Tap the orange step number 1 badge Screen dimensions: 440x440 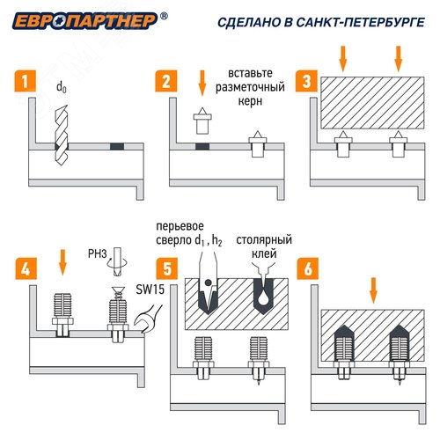[x=26, y=81]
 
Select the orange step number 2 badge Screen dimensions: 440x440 [x=166, y=81]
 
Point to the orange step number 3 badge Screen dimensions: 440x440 [x=306, y=81]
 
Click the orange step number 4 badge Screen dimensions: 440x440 [x=26, y=268]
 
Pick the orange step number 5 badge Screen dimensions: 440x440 [x=167, y=268]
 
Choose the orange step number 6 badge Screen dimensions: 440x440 [x=308, y=268]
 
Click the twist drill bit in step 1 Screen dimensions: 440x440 [x=62, y=135]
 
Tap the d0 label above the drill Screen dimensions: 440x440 [x=62, y=87]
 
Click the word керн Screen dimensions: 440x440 [x=250, y=101]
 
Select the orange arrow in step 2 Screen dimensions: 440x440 [x=202, y=83]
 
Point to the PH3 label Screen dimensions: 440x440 [x=98, y=254]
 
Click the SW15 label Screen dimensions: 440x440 [x=150, y=290]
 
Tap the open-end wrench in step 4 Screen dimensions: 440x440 [x=146, y=319]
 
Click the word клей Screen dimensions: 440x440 [x=264, y=254]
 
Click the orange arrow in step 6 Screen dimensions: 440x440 [x=373, y=290]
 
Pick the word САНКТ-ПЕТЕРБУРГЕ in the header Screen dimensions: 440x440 [x=360, y=23]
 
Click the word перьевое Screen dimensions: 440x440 [x=180, y=227]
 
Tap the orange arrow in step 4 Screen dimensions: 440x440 [x=62, y=262]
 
